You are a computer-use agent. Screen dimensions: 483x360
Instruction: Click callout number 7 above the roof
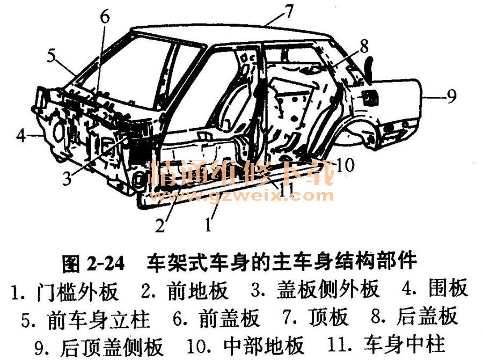pos(289,12)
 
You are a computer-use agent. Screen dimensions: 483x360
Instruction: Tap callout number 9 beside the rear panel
pos(451,97)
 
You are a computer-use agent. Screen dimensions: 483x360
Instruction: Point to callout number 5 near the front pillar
pos(51,56)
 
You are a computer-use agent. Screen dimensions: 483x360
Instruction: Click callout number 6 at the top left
pos(105,17)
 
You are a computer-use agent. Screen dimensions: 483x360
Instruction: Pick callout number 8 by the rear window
pos(364,46)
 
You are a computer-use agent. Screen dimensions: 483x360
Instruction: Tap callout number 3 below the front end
pos(67,178)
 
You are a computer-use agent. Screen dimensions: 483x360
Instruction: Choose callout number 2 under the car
pos(160,225)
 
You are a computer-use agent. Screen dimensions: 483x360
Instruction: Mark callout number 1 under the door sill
pos(209,224)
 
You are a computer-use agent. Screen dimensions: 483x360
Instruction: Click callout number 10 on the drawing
pos(345,165)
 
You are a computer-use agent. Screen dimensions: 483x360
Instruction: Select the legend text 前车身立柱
pos(99,319)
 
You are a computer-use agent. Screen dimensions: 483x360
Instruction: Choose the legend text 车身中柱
pos(404,344)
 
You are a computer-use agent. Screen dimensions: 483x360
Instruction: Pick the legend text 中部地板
pos(264,346)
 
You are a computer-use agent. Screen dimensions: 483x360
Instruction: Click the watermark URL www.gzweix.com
pos(241,195)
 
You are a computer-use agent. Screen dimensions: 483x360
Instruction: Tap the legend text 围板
pos(448,288)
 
